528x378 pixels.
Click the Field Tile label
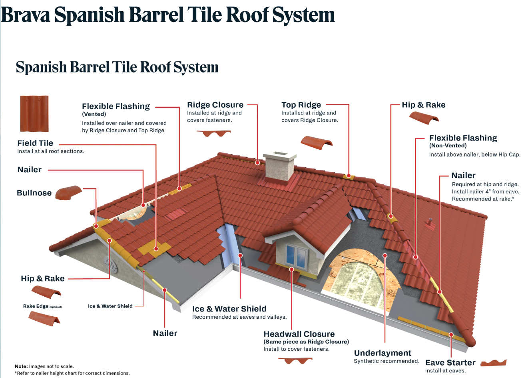[x=35, y=143]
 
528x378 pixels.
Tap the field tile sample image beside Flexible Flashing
[x=34, y=114]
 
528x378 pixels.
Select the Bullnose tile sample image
[x=68, y=193]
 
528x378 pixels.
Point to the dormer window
[x=296, y=253]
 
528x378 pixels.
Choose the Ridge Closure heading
[x=215, y=105]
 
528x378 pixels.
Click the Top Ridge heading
[x=301, y=105]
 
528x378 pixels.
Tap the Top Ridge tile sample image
[x=316, y=143]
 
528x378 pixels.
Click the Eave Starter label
[x=450, y=363]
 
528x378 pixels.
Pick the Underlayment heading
[x=383, y=353]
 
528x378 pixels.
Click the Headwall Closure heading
[x=299, y=334]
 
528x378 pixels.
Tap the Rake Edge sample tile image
[x=44, y=319]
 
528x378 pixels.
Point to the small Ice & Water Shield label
[x=110, y=306]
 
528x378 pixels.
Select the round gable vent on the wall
[x=110, y=264]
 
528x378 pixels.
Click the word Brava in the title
[x=26, y=15]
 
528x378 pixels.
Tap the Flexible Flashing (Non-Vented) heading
[x=463, y=138]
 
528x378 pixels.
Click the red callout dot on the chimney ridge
[x=258, y=163]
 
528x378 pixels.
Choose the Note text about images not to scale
[x=44, y=366]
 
